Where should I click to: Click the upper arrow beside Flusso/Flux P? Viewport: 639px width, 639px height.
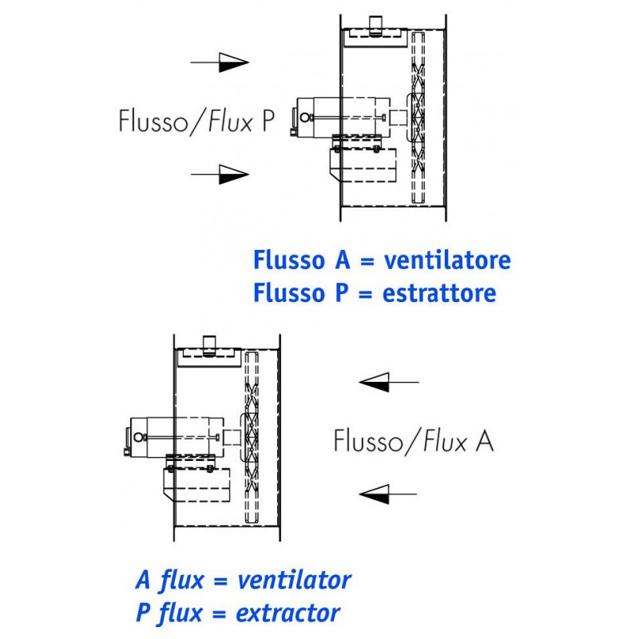click(x=220, y=62)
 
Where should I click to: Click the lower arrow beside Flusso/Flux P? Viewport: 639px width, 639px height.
click(x=220, y=173)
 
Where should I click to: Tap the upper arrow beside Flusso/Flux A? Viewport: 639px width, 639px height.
click(x=388, y=383)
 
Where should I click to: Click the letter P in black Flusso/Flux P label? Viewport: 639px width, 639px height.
click(x=267, y=121)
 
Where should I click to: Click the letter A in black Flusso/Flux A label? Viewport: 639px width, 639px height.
click(x=484, y=441)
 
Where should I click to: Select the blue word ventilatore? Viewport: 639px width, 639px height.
click(x=447, y=260)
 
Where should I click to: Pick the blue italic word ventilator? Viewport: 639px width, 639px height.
click(x=295, y=580)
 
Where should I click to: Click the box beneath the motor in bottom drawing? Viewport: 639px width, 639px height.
click(x=196, y=486)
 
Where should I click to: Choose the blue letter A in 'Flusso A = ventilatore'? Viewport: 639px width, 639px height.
click(x=335, y=260)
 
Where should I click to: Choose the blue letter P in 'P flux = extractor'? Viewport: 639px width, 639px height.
click(x=144, y=613)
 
